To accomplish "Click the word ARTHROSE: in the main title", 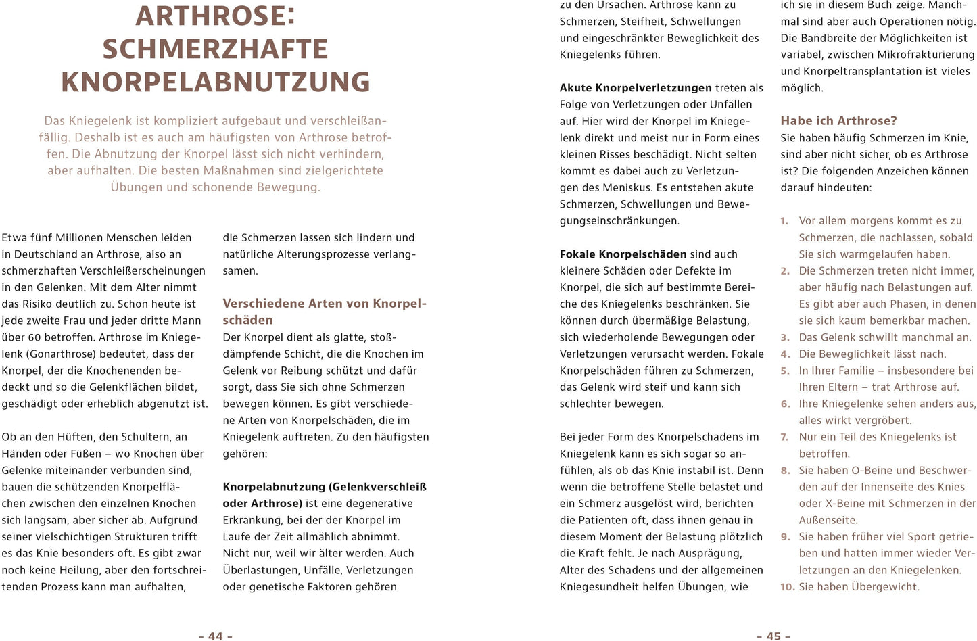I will tap(215, 16).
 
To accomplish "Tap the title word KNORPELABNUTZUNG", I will tap(215, 82).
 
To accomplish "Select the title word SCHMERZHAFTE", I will tap(215, 49).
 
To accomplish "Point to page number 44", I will tap(215, 636).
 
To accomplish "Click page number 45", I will tap(773, 636).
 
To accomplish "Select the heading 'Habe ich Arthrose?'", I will tap(838, 120).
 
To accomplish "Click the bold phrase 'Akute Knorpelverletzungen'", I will tap(636, 88).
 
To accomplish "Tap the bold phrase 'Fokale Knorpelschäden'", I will tap(623, 254).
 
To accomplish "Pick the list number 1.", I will tap(784, 221).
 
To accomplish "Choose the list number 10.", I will tap(787, 587).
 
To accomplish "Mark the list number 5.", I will tap(785, 371).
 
